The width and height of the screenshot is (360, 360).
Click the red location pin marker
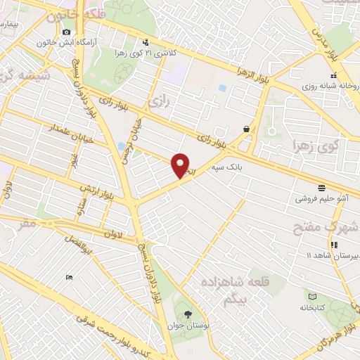click(x=181, y=165)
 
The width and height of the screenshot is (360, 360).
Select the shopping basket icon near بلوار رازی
click(x=246, y=129)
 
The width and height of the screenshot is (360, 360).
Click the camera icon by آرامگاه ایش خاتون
click(x=66, y=32)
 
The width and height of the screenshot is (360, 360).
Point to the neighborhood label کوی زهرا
click(x=315, y=146)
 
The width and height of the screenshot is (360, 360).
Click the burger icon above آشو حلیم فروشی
click(x=321, y=187)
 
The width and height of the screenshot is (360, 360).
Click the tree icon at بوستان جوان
click(x=187, y=314)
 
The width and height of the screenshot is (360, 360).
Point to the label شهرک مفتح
click(x=327, y=227)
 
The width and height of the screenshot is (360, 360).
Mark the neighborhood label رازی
click(x=160, y=103)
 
